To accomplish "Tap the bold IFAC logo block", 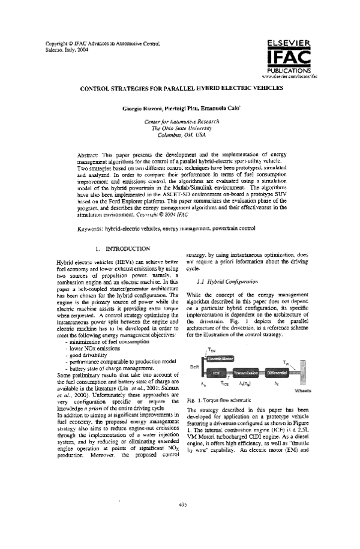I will point(289,58).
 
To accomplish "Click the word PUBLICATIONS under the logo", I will point(289,71).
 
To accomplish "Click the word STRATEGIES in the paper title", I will point(129,88).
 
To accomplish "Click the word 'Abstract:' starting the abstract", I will point(90,155).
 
